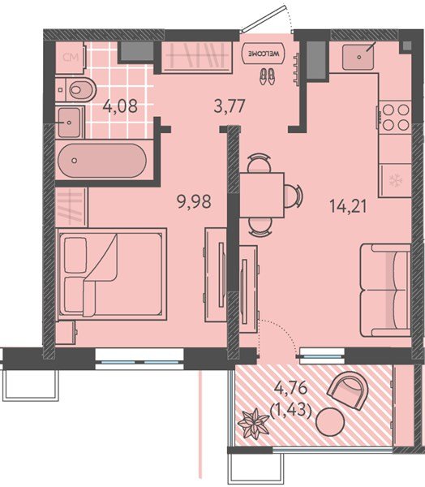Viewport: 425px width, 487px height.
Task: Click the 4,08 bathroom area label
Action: click(121, 106)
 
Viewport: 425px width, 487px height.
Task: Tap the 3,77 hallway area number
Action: click(230, 106)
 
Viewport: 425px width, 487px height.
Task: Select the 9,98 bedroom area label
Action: click(194, 201)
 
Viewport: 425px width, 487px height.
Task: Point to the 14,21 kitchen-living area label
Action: click(348, 206)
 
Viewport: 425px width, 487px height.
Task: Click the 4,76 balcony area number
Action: click(291, 388)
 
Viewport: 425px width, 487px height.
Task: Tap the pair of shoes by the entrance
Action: click(267, 76)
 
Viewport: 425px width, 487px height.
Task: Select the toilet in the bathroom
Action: click(76, 90)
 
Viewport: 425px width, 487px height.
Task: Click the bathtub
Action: click(102, 160)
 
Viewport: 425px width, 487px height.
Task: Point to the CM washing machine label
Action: click(71, 57)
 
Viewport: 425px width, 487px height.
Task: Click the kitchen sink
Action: click(358, 56)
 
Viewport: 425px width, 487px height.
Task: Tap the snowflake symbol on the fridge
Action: click(396, 180)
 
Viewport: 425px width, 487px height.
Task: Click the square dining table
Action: click(262, 196)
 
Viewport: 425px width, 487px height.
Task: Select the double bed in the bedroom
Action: click(112, 274)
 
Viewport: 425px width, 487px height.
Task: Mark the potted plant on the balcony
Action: click(253, 424)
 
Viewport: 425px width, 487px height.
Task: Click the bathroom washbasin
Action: click(70, 123)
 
